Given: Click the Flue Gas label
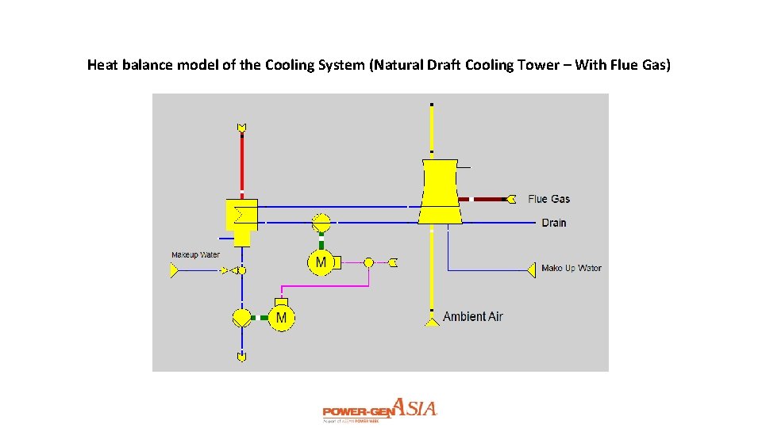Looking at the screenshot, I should tap(548, 199).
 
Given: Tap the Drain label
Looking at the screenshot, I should tap(554, 223).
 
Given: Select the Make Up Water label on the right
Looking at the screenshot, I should tap(571, 268).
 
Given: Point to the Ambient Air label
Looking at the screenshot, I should tap(472, 316).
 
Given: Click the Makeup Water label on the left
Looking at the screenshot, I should tap(195, 255).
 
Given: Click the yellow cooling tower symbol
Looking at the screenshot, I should tap(440, 190).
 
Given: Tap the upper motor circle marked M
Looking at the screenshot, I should tap(321, 262).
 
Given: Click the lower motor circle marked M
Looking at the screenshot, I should tap(280, 318).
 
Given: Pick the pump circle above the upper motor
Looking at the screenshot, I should tap(321, 222).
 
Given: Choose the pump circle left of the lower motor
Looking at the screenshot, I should tap(241, 318).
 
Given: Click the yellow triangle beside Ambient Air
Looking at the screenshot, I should tap(431, 320).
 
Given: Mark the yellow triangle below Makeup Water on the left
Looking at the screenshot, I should tap(174, 271).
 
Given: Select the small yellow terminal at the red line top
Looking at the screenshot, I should tap(241, 128).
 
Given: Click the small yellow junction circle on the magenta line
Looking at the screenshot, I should tap(368, 262).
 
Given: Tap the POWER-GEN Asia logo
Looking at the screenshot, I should tap(379, 411).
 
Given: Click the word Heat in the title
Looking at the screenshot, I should tap(102, 64).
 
